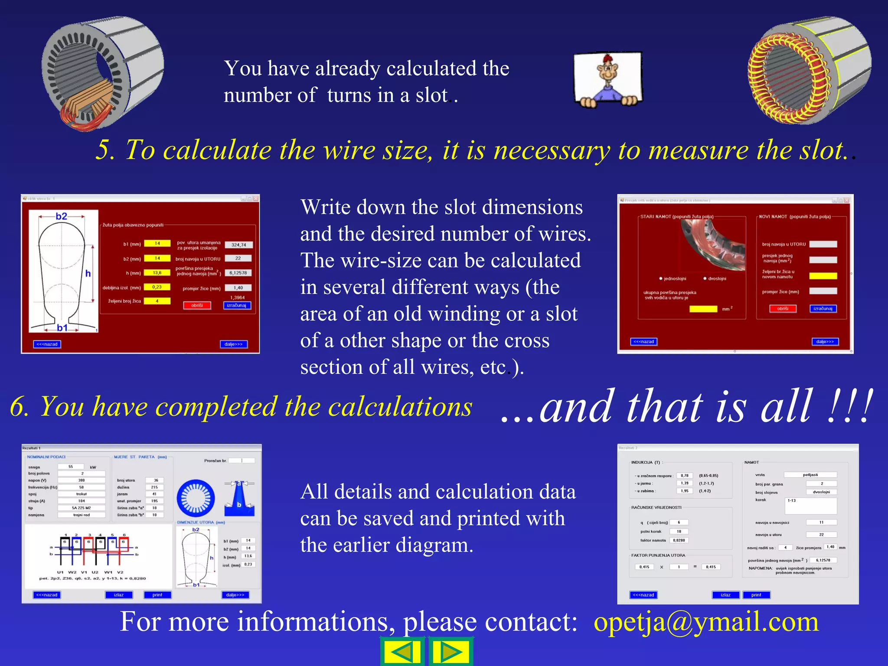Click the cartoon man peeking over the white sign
click(x=608, y=80)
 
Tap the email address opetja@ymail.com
click(x=706, y=622)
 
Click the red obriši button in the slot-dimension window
click(x=197, y=305)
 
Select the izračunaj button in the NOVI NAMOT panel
click(x=823, y=309)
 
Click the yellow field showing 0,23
click(x=157, y=287)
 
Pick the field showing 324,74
click(x=238, y=245)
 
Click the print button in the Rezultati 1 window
click(x=157, y=595)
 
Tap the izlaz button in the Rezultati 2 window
click(x=725, y=595)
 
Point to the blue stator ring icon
click(x=196, y=498)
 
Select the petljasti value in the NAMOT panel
click(x=810, y=475)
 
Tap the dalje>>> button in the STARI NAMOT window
click(x=825, y=342)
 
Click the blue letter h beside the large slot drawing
click(x=88, y=273)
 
